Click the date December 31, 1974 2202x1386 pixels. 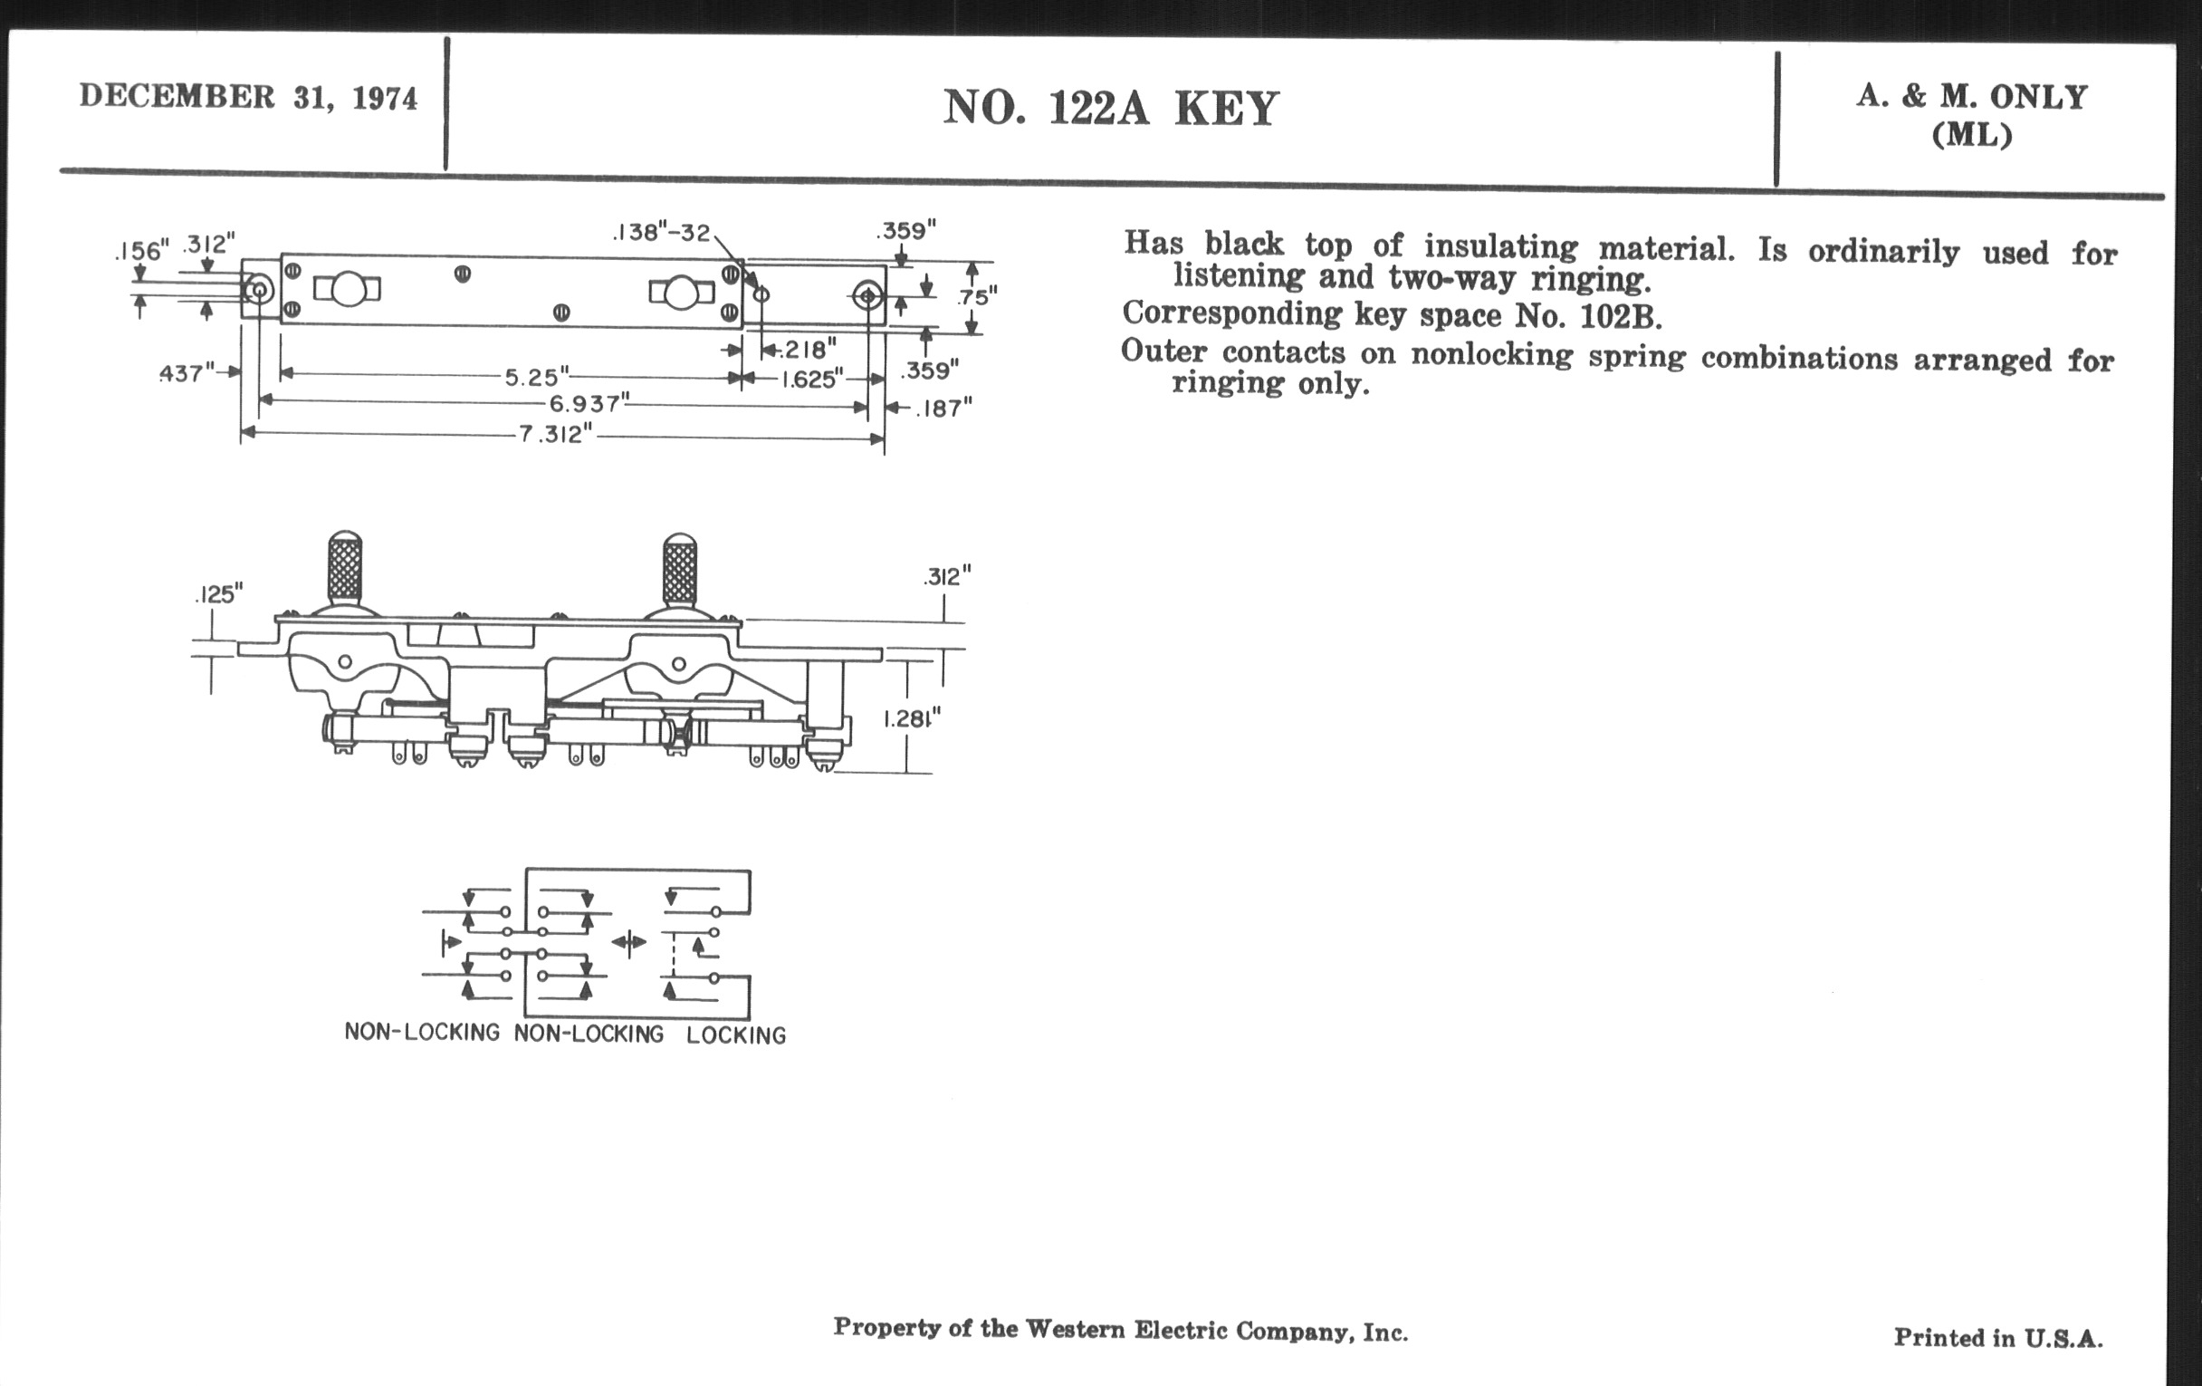(248, 97)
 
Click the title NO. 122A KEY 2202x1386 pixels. (1110, 109)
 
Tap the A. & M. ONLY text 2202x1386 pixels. (1971, 97)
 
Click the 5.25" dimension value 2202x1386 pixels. (537, 377)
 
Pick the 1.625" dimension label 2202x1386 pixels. (811, 379)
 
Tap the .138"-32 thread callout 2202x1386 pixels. (661, 233)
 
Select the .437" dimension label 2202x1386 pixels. (187, 373)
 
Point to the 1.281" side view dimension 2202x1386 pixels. (912, 719)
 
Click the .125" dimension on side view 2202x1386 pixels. (219, 594)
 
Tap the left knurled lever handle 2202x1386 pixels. (345, 568)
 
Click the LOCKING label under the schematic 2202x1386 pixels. (736, 1035)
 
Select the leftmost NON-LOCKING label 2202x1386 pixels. (422, 1032)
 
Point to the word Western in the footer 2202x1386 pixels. (1076, 1328)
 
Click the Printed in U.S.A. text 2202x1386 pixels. (1998, 1337)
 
